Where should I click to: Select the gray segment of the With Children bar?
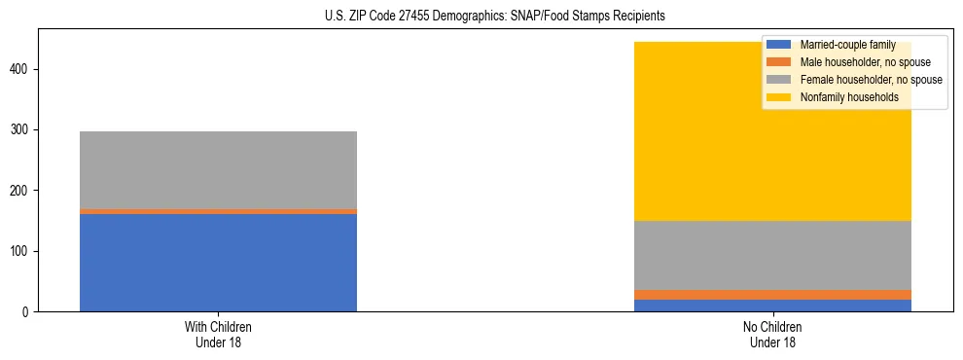click(x=218, y=170)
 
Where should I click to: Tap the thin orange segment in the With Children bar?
click(x=218, y=211)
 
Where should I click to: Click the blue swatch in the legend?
click(x=779, y=45)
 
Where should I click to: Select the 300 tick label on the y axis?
click(x=22, y=129)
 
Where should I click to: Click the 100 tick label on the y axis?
click(x=22, y=251)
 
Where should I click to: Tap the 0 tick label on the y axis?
click(x=28, y=311)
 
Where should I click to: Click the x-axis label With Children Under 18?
click(x=218, y=335)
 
